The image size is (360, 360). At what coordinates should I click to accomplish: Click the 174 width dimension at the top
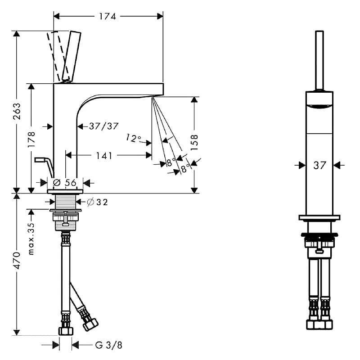(x=108, y=17)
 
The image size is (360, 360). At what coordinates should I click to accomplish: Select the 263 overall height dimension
(x=17, y=111)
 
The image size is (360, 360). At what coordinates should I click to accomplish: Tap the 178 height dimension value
(x=31, y=139)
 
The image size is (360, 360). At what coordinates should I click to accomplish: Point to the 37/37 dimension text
(x=104, y=126)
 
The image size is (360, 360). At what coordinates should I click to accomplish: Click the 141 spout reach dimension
(x=104, y=156)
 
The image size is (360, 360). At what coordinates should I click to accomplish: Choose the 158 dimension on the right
(x=194, y=143)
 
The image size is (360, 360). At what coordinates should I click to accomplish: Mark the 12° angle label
(x=133, y=138)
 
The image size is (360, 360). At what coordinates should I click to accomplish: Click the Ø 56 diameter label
(x=64, y=183)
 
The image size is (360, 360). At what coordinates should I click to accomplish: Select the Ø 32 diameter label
(x=97, y=202)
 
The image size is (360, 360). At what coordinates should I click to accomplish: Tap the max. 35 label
(x=31, y=239)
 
